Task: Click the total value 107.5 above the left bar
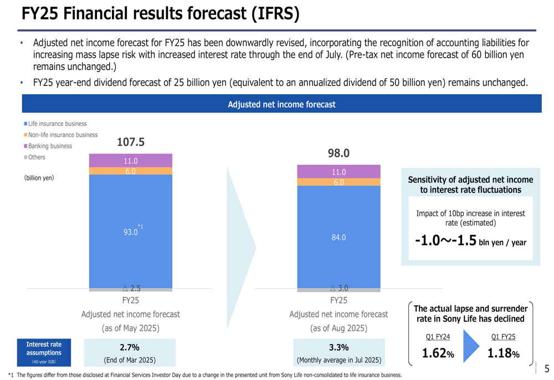pos(131,143)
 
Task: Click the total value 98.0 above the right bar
pos(338,154)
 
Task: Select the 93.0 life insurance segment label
pos(131,232)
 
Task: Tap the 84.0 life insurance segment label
pos(338,237)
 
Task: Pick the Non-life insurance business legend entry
pos(63,135)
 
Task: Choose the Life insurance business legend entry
pos(57,124)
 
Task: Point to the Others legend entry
pos(37,157)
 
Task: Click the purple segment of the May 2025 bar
pos(131,160)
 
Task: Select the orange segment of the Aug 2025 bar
pos(338,182)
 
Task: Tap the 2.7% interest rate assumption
pos(130,348)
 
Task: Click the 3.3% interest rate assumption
pos(338,348)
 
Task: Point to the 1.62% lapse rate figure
pos(438,353)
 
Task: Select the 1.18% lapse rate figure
pos(503,353)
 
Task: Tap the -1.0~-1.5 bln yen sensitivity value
pos(470,241)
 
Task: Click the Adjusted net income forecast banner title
pos(281,104)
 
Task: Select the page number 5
pos(547,368)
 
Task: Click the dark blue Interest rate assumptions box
pos(44,352)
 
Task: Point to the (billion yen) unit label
pos(39,178)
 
